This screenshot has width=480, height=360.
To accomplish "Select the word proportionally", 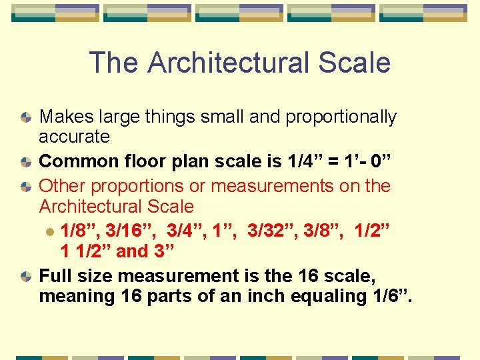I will tap(341, 117).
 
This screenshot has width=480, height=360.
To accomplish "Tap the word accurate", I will tap(74, 137).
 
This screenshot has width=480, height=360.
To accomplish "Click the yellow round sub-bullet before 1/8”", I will tap(49, 231).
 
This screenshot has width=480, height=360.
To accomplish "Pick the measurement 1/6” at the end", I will tap(393, 296).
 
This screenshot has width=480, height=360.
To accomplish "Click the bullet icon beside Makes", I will tap(25, 117).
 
